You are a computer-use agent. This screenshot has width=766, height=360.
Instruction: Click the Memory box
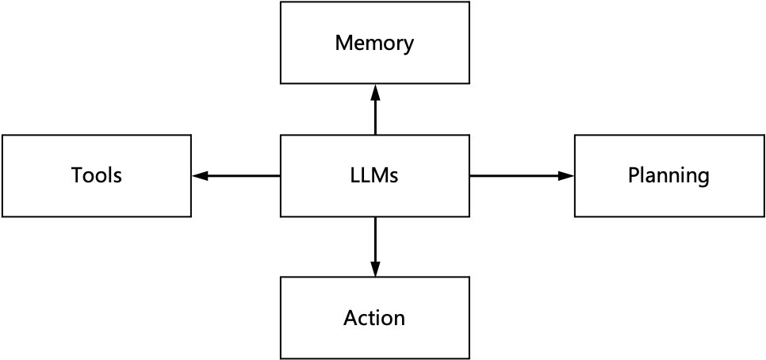(x=374, y=43)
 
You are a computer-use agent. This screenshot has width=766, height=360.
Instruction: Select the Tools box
(x=96, y=175)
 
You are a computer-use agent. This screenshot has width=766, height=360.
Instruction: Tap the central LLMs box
(x=374, y=175)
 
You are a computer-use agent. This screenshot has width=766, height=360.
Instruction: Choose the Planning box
(x=668, y=175)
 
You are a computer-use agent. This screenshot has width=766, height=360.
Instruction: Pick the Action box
(x=374, y=318)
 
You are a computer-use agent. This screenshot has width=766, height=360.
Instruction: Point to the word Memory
(x=374, y=43)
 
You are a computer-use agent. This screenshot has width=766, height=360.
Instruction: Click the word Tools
(x=96, y=175)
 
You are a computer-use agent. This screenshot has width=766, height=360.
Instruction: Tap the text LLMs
(x=374, y=175)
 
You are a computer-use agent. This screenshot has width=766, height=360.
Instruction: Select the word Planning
(x=668, y=175)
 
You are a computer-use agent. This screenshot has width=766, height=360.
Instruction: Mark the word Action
(x=374, y=318)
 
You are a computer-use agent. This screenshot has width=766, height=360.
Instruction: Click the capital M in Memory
(x=343, y=43)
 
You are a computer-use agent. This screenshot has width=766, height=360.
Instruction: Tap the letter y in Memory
(x=408, y=45)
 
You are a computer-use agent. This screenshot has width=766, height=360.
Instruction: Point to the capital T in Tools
(x=77, y=175)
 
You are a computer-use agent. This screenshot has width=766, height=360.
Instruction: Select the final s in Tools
(x=117, y=177)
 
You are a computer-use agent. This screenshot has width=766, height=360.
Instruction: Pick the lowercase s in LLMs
(x=394, y=177)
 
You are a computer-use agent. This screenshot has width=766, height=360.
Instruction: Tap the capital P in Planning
(x=634, y=175)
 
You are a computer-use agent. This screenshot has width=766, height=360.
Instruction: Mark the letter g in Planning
(x=703, y=178)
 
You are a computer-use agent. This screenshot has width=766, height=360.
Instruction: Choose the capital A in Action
(x=350, y=318)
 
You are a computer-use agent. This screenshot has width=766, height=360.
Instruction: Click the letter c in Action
(x=363, y=320)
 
